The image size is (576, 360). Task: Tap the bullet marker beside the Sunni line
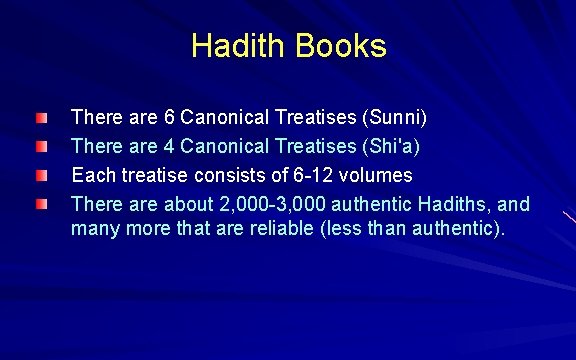40,119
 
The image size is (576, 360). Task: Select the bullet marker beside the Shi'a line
40,148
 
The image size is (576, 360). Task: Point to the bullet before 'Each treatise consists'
40,176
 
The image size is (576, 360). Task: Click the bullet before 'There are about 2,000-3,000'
40,205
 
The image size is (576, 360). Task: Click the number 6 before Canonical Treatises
169,118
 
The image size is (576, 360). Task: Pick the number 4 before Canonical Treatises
169,147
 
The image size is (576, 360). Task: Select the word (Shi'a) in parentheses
391,147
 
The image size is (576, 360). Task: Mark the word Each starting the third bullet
92,176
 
